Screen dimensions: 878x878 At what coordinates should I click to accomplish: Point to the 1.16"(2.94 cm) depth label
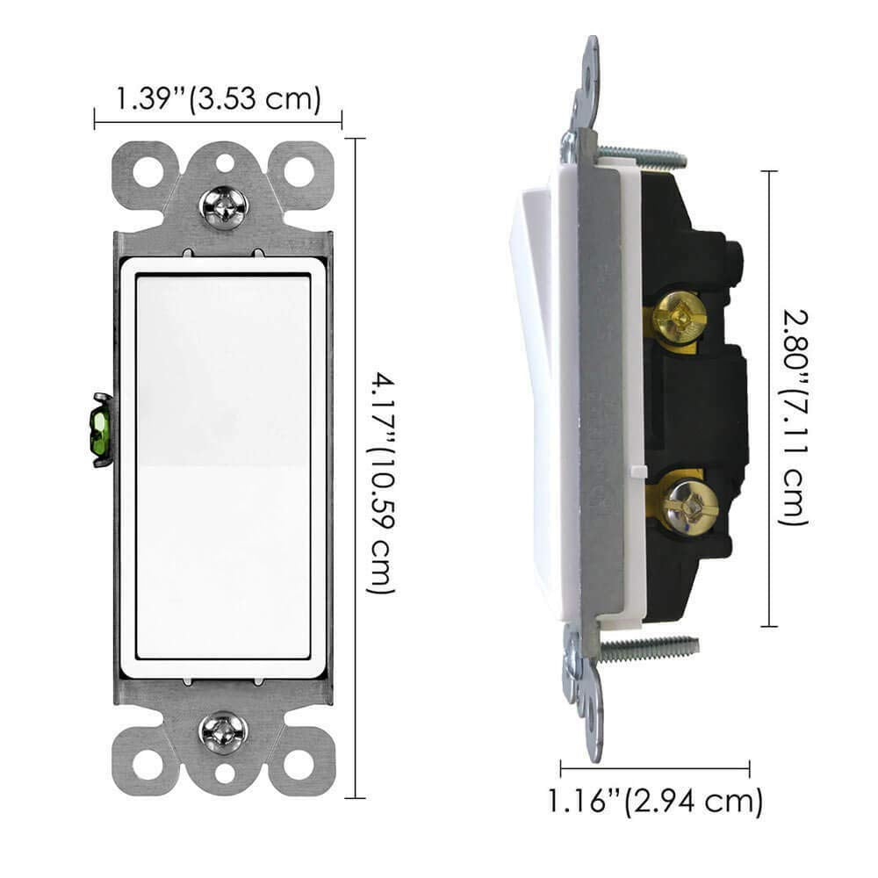click(x=655, y=801)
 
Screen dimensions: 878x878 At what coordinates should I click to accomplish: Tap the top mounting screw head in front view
click(x=224, y=205)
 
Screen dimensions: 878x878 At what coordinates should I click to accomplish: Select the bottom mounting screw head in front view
click(x=224, y=730)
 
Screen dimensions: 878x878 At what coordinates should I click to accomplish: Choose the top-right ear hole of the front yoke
click(x=299, y=169)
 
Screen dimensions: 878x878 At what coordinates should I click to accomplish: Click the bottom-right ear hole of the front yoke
click(x=299, y=765)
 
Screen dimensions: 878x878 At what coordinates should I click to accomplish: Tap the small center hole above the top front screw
click(x=225, y=162)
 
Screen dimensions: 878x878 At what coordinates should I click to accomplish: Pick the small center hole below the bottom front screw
click(x=225, y=774)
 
